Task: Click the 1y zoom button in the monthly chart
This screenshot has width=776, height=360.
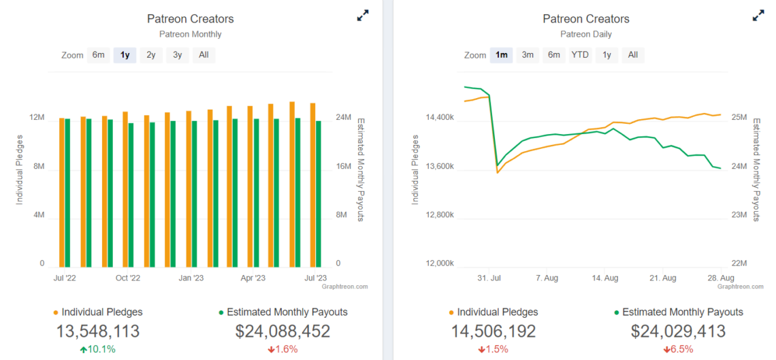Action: (125, 55)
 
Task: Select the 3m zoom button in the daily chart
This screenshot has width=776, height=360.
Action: (528, 55)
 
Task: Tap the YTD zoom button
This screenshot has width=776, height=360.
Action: (580, 55)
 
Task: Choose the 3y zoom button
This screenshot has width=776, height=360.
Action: (177, 55)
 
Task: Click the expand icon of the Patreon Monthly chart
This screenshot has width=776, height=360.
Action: (363, 16)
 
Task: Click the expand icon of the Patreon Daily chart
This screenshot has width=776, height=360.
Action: (758, 16)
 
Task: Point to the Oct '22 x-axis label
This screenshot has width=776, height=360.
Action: (127, 278)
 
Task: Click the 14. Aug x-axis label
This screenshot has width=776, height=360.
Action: (605, 278)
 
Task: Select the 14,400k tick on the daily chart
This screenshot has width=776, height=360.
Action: (440, 118)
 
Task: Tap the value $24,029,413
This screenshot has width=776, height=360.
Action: (678, 331)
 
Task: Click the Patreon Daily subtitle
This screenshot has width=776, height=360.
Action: (585, 34)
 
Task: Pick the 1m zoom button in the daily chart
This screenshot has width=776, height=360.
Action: (501, 55)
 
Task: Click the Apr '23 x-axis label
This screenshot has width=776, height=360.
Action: (253, 278)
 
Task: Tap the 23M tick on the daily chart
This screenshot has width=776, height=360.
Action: (739, 215)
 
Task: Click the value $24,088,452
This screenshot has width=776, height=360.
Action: (282, 331)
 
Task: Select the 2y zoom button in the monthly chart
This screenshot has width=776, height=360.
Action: (150, 55)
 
